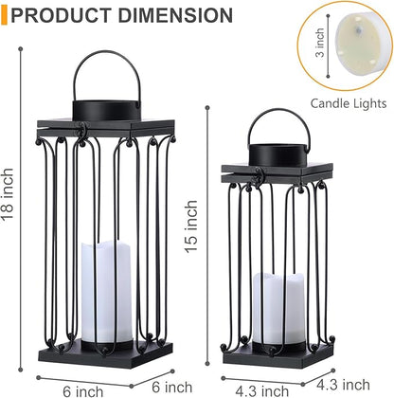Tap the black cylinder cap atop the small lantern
[277, 152]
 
